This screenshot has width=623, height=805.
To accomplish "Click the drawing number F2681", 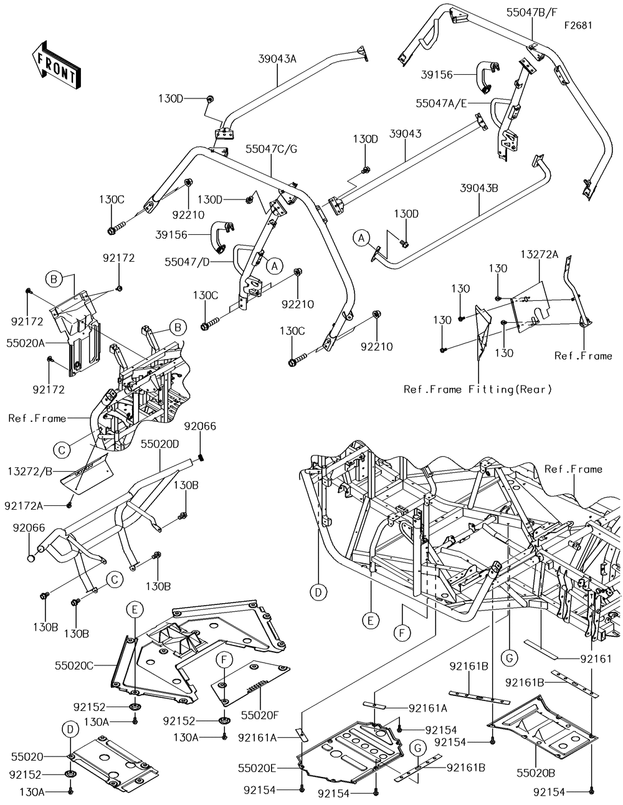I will (578, 26).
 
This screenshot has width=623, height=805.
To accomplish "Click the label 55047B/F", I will (531, 12).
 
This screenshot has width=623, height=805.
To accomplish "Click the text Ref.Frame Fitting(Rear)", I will (478, 389).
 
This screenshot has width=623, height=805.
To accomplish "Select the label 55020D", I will (159, 445).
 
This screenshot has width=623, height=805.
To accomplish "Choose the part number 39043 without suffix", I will (406, 134).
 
